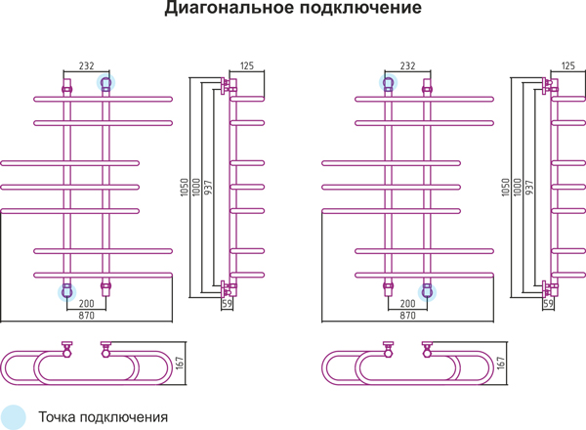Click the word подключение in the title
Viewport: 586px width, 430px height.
click(x=360, y=8)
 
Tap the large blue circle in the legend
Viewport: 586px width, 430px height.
click(x=13, y=417)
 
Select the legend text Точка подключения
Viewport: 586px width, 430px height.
click(x=104, y=417)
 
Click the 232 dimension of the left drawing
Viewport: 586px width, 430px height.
click(x=86, y=65)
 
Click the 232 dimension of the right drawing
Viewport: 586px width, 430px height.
click(x=407, y=65)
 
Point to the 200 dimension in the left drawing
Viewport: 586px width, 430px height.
click(x=86, y=303)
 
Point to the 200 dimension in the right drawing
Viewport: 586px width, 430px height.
click(x=407, y=303)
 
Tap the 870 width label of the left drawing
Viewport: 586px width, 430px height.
click(x=86, y=316)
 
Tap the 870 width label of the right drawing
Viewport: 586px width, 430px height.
click(x=407, y=316)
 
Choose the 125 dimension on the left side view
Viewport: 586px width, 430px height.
click(x=247, y=65)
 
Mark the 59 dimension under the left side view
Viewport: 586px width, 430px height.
click(x=227, y=304)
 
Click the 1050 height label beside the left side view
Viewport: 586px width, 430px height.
click(x=185, y=188)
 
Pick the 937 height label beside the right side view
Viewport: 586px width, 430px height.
click(x=529, y=188)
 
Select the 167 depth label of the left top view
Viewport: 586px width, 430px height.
click(x=180, y=364)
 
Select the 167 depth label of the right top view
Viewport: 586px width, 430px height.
click(x=501, y=364)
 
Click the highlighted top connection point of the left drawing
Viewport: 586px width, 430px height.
click(x=105, y=83)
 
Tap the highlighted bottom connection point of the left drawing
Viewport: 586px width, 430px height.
click(x=66, y=292)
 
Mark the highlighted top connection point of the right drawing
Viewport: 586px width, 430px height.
click(x=389, y=83)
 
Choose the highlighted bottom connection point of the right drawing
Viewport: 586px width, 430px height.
click(x=427, y=292)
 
